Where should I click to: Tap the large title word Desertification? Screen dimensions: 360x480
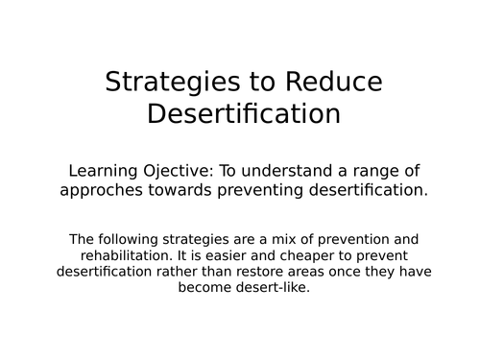244,114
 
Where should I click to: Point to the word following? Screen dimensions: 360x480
126,239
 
